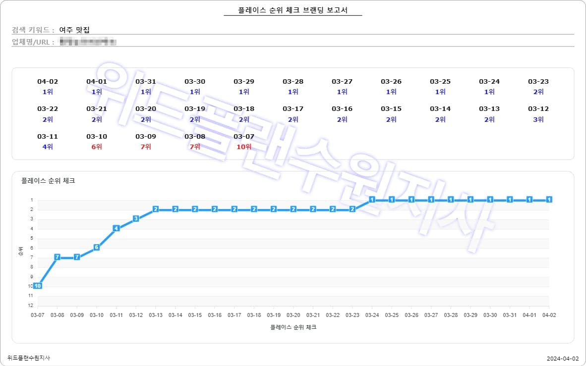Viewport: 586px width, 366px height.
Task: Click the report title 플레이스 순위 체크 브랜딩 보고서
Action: [293, 10]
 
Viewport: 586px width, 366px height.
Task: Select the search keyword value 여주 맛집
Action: [74, 30]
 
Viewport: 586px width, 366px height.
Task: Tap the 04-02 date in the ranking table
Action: [48, 82]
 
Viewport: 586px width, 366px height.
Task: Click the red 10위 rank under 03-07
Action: [244, 147]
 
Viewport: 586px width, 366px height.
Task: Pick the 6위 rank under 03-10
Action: [97, 147]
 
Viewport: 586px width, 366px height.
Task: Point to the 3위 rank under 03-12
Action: [538, 119]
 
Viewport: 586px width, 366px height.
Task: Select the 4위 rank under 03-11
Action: [48, 147]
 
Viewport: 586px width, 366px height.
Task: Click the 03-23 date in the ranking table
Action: [538, 82]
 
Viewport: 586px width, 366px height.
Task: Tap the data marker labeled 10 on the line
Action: [37, 286]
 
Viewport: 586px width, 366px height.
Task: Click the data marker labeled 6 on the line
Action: [97, 247]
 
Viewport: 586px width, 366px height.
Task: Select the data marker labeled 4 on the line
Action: [116, 228]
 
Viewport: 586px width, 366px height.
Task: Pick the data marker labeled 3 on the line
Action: [136, 218]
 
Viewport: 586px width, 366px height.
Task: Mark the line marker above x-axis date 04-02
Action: [549, 200]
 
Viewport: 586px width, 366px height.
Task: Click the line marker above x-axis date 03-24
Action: [372, 200]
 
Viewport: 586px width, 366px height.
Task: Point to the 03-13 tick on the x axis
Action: [156, 315]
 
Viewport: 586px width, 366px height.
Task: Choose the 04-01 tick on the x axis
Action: [529, 315]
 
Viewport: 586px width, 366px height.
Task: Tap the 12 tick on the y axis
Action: [31, 305]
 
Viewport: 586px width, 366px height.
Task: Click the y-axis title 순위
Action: [20, 252]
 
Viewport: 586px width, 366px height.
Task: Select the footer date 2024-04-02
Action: [563, 358]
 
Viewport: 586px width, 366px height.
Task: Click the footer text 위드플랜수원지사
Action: [29, 358]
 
